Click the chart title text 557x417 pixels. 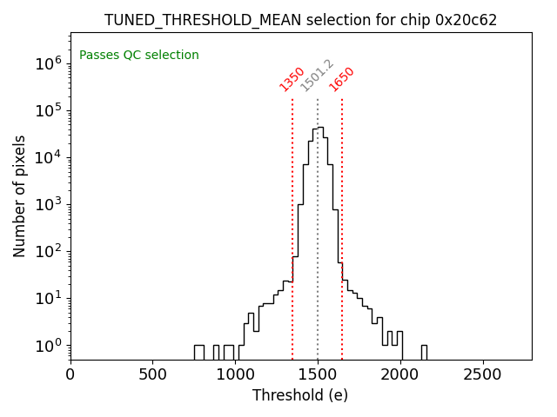tap(300, 20)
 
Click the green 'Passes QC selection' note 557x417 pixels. tap(139, 55)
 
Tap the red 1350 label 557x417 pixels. tap(292, 79)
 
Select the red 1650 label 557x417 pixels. tap(341, 79)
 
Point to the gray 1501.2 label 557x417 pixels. tap(317, 76)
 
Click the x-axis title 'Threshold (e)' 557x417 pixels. tap(300, 395)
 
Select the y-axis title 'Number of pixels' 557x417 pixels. tap(20, 195)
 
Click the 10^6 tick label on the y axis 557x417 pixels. tap(45, 63)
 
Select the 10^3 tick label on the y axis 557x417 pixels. tap(45, 204)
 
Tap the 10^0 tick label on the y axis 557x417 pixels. tap(45, 346)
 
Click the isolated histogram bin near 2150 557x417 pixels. tap(424, 352)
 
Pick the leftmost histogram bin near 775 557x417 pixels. tap(198, 352)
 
